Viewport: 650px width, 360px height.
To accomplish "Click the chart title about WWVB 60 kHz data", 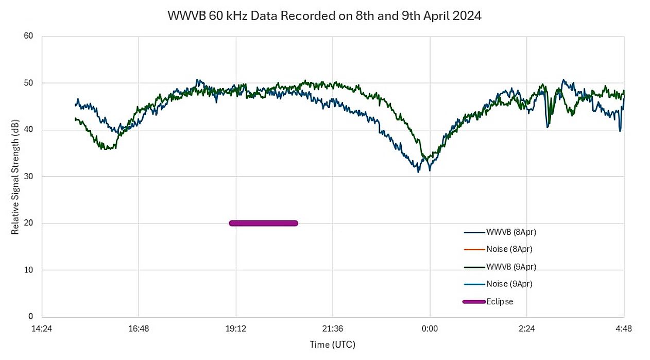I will (324, 16).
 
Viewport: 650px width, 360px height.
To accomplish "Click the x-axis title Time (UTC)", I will (332, 344).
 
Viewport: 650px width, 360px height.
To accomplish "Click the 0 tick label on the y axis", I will (30, 317).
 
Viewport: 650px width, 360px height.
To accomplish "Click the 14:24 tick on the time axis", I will (42, 328).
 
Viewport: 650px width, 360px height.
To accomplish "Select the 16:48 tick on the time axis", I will (139, 328).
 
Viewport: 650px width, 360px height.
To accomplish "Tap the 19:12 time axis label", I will (235, 328).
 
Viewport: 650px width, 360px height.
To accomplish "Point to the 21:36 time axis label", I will (333, 328).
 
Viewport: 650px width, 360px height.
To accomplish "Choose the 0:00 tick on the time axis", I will (430, 328).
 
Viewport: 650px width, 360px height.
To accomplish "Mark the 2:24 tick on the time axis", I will (527, 328).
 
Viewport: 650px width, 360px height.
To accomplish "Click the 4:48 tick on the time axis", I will (624, 328).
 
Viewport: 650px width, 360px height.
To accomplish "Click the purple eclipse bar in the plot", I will (263, 223).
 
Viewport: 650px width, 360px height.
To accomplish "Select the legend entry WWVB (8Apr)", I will (507, 232).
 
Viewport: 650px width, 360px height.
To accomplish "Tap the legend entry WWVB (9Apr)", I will (507, 267).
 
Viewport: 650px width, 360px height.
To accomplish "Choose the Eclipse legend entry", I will (499, 302).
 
